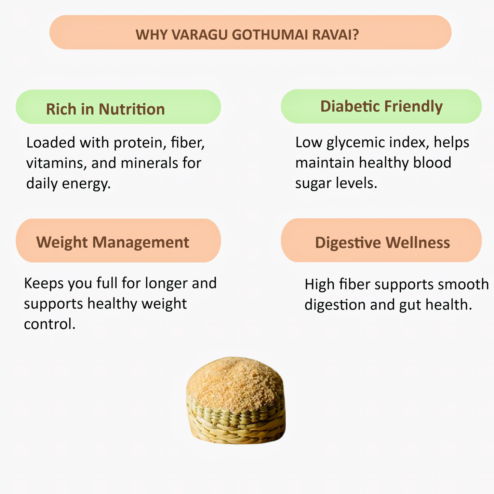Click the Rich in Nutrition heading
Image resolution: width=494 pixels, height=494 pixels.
click(x=105, y=109)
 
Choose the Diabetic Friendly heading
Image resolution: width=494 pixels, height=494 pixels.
click(x=381, y=106)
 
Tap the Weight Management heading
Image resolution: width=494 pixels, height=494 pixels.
click(x=112, y=242)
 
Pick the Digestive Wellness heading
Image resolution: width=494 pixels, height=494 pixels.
click(x=382, y=242)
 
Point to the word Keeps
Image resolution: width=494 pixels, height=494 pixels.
click(x=43, y=283)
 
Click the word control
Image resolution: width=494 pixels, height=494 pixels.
click(x=50, y=324)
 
